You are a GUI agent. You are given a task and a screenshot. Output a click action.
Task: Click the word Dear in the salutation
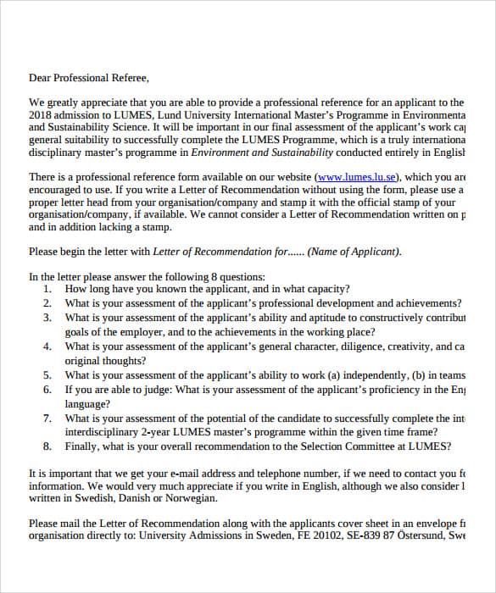[x=40, y=78]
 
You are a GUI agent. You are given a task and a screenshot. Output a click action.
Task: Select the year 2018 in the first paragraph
[x=40, y=114]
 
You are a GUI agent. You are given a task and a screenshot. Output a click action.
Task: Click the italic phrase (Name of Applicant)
[x=354, y=252]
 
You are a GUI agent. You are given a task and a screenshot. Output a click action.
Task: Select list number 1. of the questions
[x=47, y=289]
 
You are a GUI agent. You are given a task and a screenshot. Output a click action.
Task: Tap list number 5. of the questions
[x=47, y=375]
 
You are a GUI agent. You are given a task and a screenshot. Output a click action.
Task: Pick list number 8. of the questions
[x=47, y=447]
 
